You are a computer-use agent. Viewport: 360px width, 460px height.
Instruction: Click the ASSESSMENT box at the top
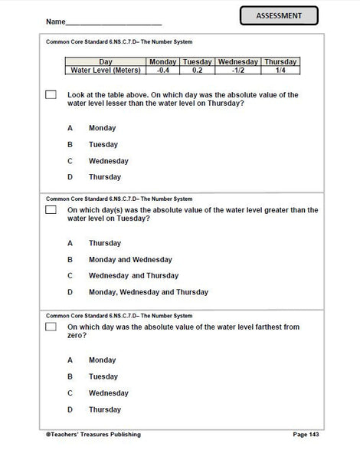point(278,16)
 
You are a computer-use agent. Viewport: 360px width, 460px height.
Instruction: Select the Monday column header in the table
point(162,61)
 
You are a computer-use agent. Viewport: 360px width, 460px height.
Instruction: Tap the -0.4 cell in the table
point(162,70)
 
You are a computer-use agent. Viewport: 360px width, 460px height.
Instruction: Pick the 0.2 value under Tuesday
point(197,70)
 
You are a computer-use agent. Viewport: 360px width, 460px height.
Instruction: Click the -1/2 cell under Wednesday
point(237,70)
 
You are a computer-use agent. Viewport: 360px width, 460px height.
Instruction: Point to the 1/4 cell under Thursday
point(280,70)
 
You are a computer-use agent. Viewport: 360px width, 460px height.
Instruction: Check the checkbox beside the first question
point(51,95)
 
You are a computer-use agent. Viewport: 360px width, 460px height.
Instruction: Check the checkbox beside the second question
point(51,209)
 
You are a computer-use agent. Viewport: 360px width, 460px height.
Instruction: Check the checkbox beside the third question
point(51,327)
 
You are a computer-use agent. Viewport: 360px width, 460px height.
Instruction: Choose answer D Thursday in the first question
point(105,177)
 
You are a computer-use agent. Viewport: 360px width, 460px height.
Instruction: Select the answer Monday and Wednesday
point(130,259)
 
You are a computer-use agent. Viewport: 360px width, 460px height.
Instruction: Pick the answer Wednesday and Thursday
point(133,275)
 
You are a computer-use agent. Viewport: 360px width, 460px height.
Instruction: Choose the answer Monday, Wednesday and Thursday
point(148,292)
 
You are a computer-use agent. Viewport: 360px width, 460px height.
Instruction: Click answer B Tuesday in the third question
point(103,376)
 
